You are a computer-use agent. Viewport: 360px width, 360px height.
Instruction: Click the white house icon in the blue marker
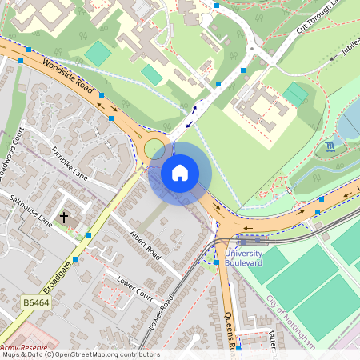coord(180,173)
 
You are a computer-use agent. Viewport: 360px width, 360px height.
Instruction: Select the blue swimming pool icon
coord(331,148)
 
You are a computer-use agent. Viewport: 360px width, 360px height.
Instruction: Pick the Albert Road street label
coord(145,246)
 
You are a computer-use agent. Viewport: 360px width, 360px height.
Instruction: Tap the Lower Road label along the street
coord(161,314)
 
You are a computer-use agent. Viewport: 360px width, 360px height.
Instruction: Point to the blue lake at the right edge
coord(351,120)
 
